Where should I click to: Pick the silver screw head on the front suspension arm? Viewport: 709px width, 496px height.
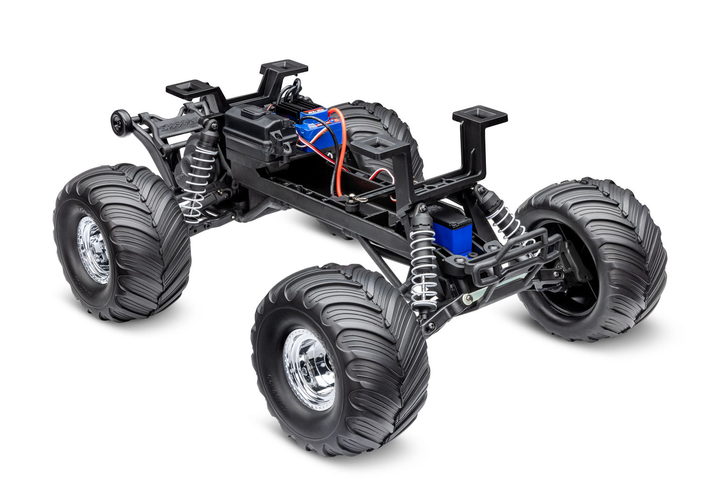tap(468, 298)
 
